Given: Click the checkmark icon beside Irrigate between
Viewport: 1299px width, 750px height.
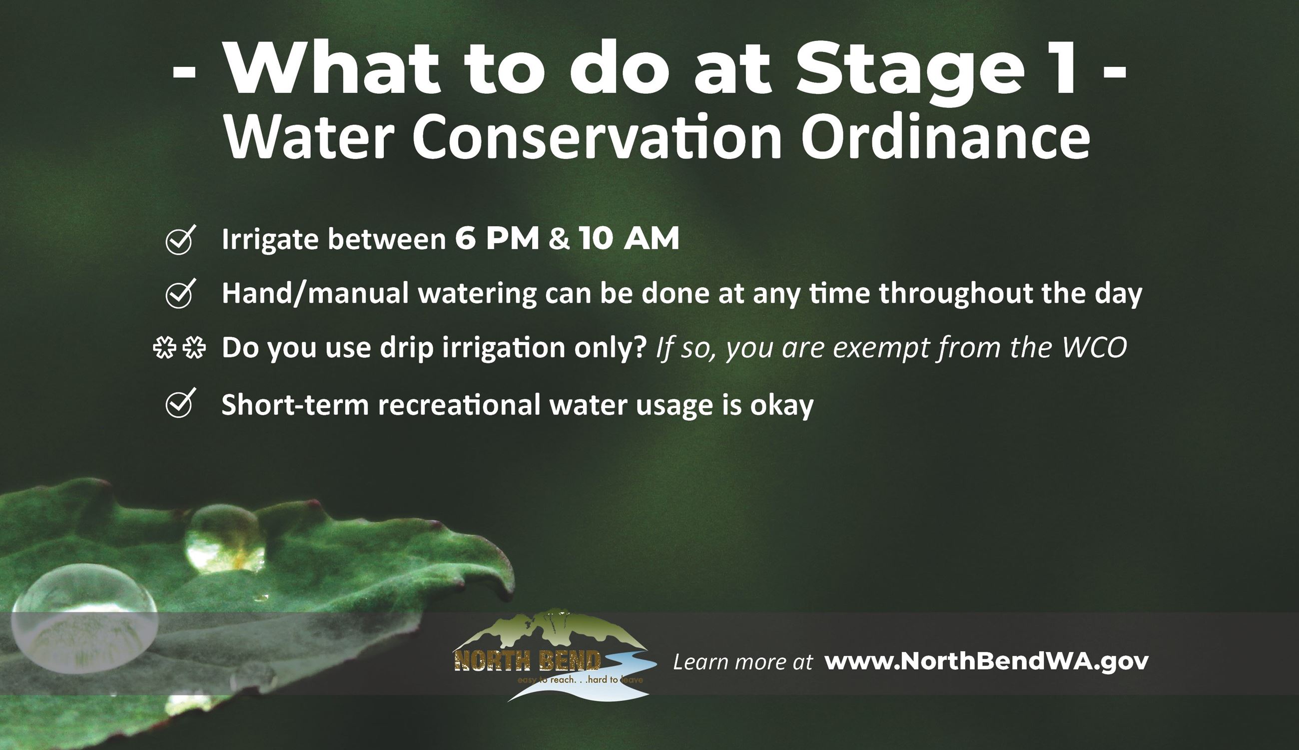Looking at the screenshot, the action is (x=180, y=240).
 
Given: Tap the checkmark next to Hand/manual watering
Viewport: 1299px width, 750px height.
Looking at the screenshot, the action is (x=180, y=294).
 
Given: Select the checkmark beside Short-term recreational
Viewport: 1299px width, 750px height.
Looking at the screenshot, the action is (x=180, y=403).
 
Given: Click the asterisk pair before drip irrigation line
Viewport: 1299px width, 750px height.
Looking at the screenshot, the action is (x=179, y=348).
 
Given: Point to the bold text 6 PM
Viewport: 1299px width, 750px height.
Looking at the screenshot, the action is (x=497, y=239).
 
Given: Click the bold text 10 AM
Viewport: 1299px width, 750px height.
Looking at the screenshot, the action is (x=629, y=239).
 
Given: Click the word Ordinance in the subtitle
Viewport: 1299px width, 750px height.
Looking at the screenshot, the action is (x=946, y=136).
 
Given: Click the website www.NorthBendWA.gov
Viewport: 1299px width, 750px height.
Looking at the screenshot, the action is (x=986, y=662).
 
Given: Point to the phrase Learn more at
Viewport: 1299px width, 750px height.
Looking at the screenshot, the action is (x=742, y=663).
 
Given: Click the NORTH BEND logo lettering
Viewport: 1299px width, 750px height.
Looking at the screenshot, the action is (x=527, y=661).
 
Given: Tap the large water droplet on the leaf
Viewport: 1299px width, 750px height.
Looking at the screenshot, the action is (x=84, y=619).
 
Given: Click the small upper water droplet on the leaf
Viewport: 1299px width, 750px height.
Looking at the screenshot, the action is (x=225, y=539).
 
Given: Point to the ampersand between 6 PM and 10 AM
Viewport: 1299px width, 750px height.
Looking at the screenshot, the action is (x=559, y=239).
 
